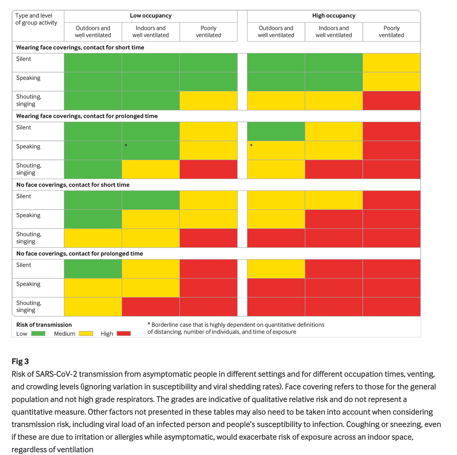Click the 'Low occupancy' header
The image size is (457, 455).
tap(151, 16)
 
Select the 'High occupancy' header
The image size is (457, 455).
tap(334, 16)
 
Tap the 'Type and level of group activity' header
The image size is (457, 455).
tap(36, 19)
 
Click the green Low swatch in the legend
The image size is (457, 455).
tap(38, 333)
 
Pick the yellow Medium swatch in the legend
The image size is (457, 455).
tap(86, 333)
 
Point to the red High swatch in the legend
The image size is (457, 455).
tap(124, 333)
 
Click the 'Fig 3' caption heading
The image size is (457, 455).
tap(20, 361)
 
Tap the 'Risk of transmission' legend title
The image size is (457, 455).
tap(44, 325)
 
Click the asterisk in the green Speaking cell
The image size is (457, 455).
tap(126, 146)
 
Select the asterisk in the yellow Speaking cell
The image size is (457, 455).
tap(251, 146)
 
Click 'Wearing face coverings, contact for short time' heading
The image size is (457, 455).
tap(80, 48)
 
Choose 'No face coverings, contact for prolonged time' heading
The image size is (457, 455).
tap(79, 254)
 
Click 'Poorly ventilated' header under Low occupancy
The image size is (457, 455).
tap(209, 32)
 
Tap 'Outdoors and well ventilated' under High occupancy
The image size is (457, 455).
tap(276, 32)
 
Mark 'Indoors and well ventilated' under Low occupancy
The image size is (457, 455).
tap(151, 32)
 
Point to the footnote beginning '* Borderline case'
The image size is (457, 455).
tap(236, 328)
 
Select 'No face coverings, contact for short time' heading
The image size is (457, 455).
tap(73, 185)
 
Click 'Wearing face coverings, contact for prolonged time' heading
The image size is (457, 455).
tap(87, 116)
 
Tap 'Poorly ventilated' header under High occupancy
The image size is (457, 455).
tap(391, 32)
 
